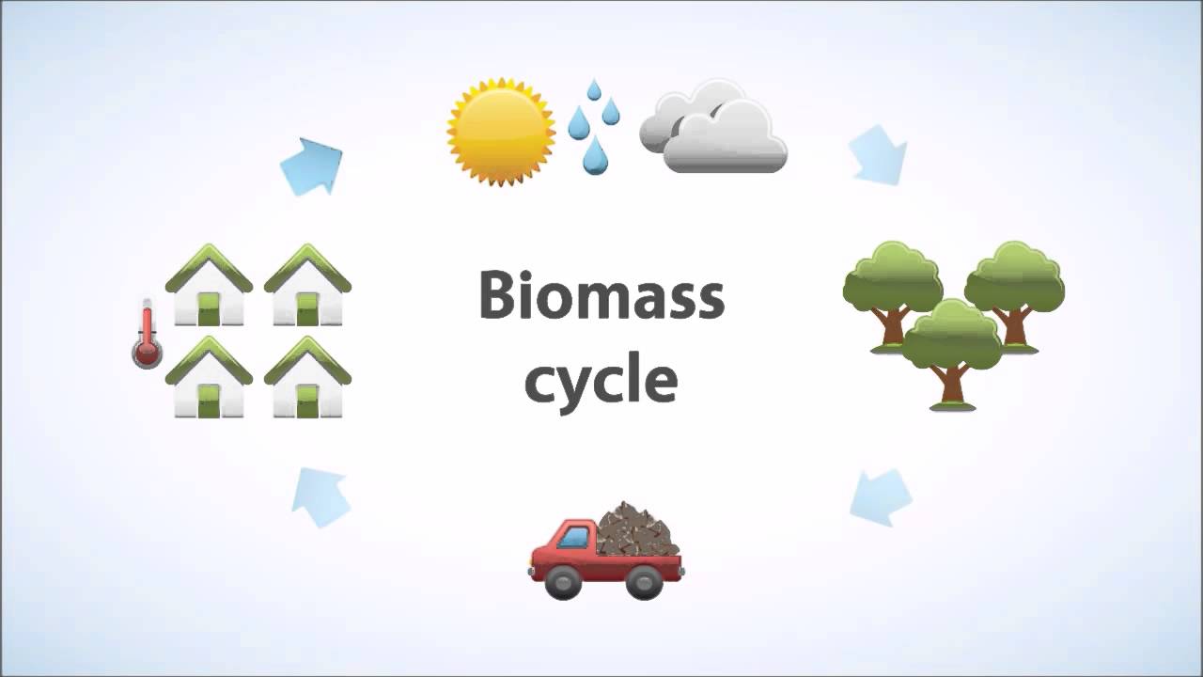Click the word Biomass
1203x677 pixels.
click(x=601, y=296)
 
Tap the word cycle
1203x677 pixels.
click(x=601, y=381)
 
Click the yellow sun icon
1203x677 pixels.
click(x=501, y=132)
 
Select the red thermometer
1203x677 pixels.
click(x=147, y=336)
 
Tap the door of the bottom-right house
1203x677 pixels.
click(x=307, y=401)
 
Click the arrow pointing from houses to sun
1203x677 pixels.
click(x=313, y=165)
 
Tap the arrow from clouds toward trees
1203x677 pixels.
click(x=879, y=155)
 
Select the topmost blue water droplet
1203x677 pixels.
click(x=593, y=90)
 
